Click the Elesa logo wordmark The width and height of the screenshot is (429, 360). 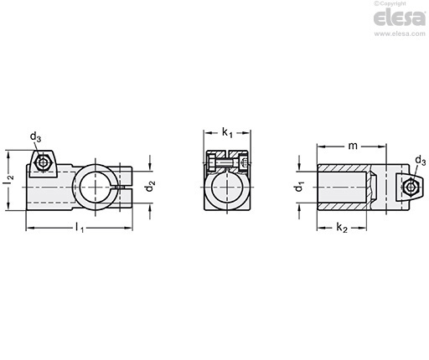[x=400, y=18]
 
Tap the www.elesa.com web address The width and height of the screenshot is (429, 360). [x=400, y=33]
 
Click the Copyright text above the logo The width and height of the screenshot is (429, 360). [x=390, y=3]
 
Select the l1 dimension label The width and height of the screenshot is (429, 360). [x=80, y=228]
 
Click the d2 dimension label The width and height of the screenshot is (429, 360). [x=151, y=186]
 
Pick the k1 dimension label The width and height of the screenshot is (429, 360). [x=227, y=132]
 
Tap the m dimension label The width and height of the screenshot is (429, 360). [x=353, y=146]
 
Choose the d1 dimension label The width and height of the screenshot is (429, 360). [x=299, y=186]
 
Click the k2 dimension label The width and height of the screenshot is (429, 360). [x=342, y=228]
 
